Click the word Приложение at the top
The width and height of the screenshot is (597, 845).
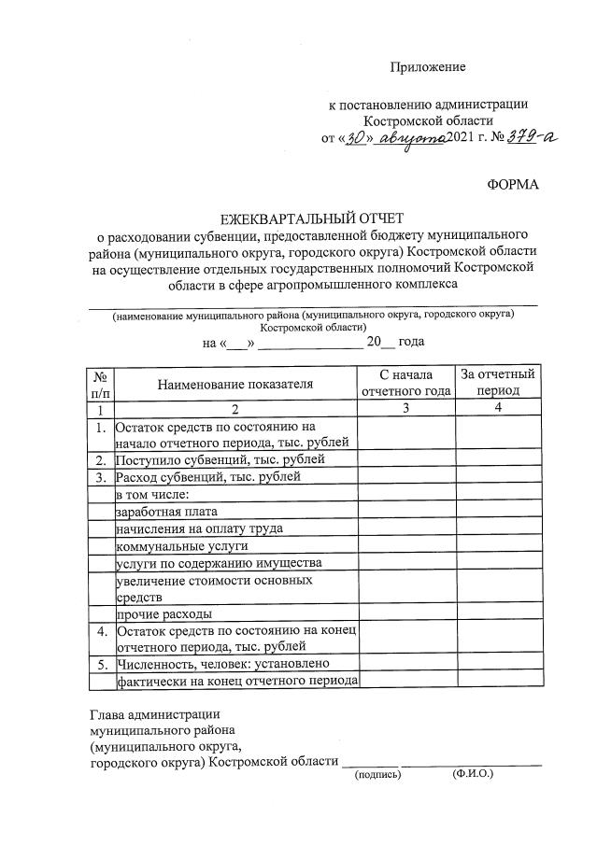click(x=427, y=67)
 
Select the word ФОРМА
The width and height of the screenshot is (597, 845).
click(x=513, y=185)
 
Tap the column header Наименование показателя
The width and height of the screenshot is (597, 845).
click(x=235, y=383)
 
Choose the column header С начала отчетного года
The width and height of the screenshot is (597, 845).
click(x=405, y=383)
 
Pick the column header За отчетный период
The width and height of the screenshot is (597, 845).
click(x=498, y=383)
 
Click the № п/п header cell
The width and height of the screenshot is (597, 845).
click(x=100, y=383)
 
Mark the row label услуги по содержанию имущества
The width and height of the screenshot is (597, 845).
click(x=220, y=563)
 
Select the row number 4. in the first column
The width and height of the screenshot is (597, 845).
click(x=100, y=632)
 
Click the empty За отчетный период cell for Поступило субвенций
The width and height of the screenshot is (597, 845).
click(x=498, y=459)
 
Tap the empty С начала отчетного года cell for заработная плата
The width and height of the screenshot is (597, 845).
click(x=405, y=512)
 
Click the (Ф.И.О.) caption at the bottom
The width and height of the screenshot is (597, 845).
click(x=473, y=774)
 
